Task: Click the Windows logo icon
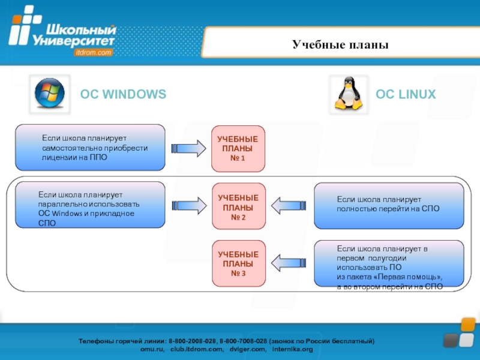[50, 93]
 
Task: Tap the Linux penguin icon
[349, 94]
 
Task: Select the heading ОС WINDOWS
[123, 94]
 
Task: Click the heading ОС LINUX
[406, 94]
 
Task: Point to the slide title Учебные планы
[340, 44]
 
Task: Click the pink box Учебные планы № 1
[238, 148]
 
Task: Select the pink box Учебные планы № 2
[238, 206]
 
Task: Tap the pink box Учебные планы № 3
[238, 263]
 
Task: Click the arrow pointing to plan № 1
[188, 148]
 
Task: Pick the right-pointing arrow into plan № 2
[189, 205]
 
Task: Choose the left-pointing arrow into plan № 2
[289, 205]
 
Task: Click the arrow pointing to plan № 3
[289, 263]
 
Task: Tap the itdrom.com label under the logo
[94, 52]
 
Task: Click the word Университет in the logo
[73, 41]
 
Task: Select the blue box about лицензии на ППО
[90, 147]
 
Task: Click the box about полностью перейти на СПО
[389, 206]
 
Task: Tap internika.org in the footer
[292, 349]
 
